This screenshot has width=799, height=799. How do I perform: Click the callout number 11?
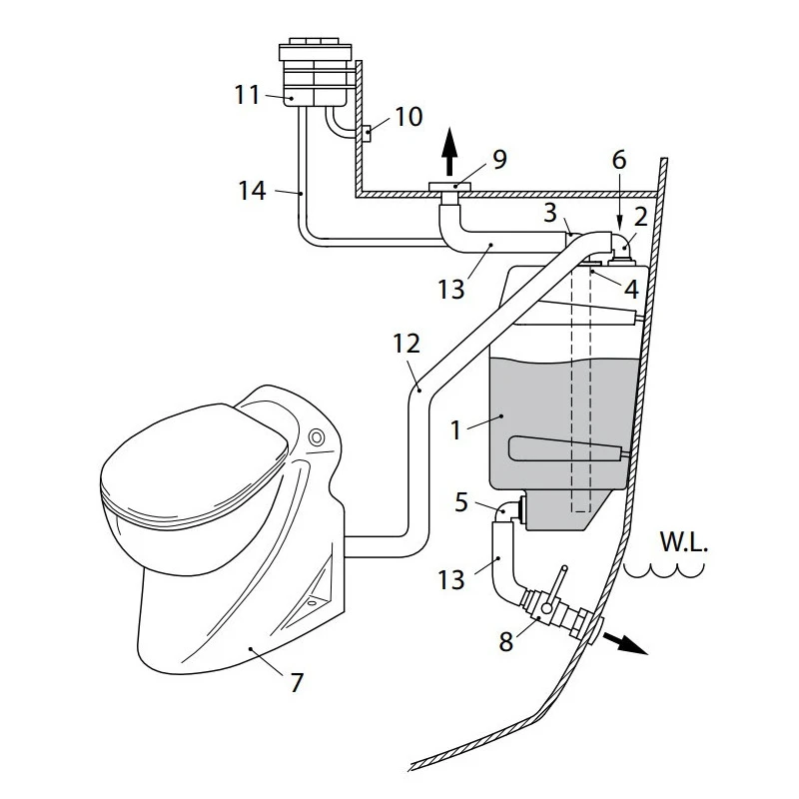(x=247, y=96)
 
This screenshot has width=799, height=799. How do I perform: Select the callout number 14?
(x=253, y=191)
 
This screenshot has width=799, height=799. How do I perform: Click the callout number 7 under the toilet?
(x=297, y=683)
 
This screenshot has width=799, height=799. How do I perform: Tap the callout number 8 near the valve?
(x=506, y=640)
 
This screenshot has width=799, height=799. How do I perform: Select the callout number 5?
(x=460, y=502)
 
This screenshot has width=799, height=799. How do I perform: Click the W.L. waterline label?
(x=683, y=544)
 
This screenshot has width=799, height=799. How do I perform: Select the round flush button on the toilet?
(x=318, y=437)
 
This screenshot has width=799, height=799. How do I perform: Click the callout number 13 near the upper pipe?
(x=450, y=290)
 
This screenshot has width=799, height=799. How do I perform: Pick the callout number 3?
(x=550, y=214)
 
